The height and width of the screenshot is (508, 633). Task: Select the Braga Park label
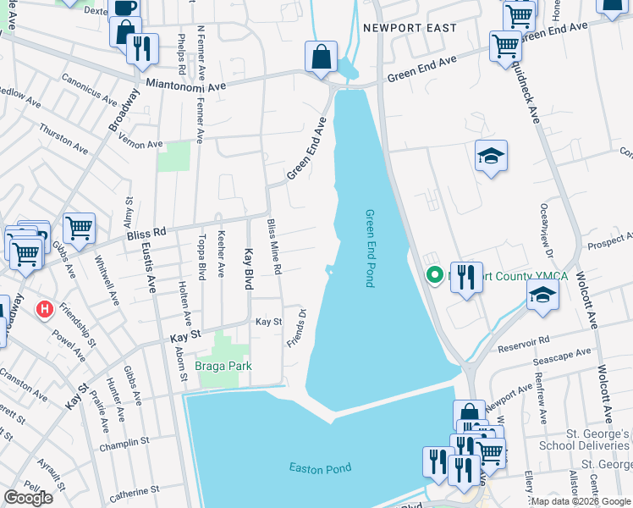[x=224, y=366]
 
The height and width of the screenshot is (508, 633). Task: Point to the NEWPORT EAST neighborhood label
[x=410, y=28]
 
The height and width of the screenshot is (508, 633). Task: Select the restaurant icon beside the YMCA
[x=466, y=277]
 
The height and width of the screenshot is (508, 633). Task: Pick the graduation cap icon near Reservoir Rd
[x=542, y=295]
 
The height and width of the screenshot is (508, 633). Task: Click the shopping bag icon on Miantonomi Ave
[x=322, y=58]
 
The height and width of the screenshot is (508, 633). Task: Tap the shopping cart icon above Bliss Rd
[x=79, y=227]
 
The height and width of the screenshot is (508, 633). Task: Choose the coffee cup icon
[x=124, y=8]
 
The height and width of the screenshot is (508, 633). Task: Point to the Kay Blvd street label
[x=249, y=269]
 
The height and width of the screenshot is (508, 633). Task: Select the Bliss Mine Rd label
[x=274, y=246]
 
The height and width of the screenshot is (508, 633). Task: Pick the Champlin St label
[x=127, y=441]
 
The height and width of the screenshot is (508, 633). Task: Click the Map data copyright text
[x=581, y=501]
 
